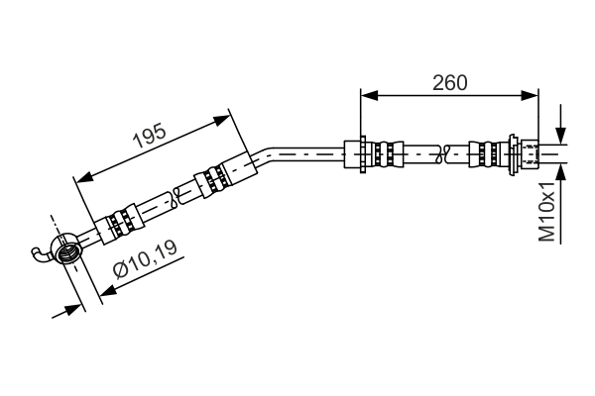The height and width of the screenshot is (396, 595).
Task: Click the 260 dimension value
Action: coord(449,82)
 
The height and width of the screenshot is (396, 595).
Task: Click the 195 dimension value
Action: coord(150,136)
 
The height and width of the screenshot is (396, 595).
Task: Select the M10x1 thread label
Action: coord(547,212)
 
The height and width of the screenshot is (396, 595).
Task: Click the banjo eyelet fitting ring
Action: coord(65,248)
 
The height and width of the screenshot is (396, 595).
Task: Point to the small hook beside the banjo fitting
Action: coord(41,253)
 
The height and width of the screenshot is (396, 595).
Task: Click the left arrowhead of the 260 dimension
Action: coord(369,96)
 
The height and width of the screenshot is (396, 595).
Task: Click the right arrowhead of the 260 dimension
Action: coord(530,96)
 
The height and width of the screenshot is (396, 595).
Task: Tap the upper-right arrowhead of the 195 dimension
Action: coord(222,120)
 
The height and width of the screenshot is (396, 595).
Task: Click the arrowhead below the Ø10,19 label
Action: coord(108,290)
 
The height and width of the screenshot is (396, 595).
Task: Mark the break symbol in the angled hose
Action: coord(177,197)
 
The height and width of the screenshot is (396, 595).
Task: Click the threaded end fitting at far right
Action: coord(531,154)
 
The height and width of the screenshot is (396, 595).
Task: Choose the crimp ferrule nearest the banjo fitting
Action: coord(120,224)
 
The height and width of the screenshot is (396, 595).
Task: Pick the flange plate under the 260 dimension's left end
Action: coord(363,154)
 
